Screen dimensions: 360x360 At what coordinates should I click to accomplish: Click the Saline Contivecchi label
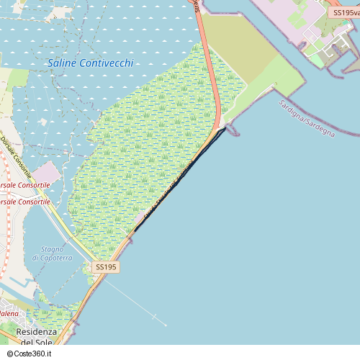pos(90,63)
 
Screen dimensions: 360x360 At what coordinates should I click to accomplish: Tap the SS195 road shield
pos(105,267)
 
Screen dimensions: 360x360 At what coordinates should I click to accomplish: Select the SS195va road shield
pos(346,13)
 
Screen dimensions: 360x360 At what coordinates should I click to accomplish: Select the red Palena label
pos(9,313)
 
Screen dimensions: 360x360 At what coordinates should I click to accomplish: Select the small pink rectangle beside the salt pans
pos(47,173)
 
